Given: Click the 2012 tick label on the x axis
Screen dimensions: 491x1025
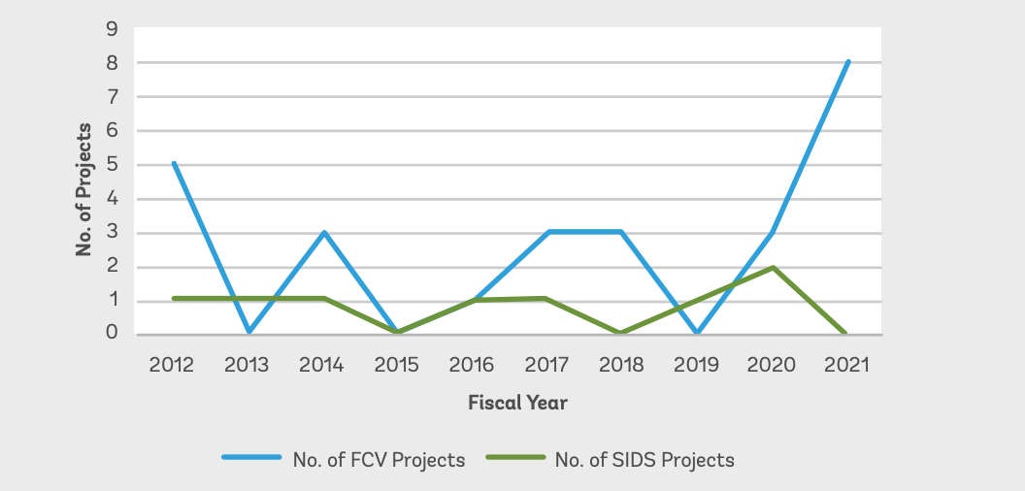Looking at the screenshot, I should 172,365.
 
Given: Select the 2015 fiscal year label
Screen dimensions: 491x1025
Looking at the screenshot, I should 396,365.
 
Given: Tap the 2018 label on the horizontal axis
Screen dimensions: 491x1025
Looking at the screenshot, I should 621,365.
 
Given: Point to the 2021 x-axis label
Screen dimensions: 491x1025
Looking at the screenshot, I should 846,365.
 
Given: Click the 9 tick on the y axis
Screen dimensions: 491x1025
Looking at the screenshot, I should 113,29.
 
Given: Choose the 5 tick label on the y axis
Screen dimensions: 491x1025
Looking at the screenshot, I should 113,165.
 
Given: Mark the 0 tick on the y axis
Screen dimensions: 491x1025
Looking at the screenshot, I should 113,333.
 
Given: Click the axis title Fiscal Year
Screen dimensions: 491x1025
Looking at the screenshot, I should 517,402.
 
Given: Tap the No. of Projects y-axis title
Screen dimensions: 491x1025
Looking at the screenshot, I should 84,189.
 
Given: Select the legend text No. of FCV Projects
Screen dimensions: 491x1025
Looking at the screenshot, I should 379,460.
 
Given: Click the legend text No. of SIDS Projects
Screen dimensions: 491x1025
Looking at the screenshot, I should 645,460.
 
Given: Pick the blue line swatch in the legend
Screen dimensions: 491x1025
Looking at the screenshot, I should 250,459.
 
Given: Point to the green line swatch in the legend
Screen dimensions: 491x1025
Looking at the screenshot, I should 512,459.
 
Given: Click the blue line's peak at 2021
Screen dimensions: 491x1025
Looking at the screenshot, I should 847,62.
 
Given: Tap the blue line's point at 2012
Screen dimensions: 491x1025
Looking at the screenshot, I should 173,163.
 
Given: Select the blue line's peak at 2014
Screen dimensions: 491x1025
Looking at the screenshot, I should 323,232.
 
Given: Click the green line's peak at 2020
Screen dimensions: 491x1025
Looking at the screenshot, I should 772,267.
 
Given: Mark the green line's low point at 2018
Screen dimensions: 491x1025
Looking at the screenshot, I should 622,333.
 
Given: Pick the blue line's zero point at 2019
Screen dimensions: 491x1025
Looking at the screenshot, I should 697,333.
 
